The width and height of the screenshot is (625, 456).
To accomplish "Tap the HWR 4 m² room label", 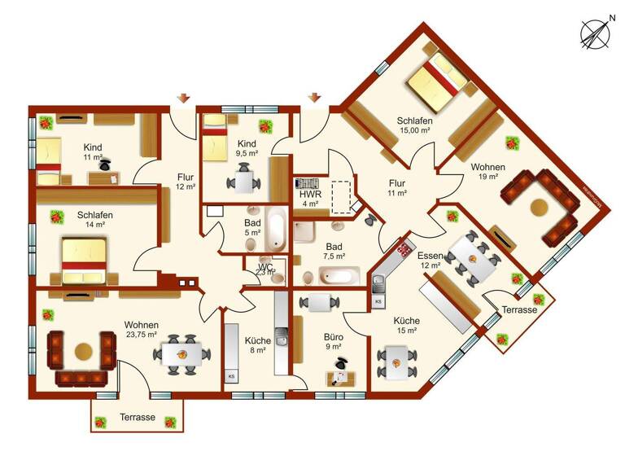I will (310, 199).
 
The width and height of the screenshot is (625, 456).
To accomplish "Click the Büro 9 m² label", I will (334, 341).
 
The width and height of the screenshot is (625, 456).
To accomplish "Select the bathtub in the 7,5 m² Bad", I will (336, 275).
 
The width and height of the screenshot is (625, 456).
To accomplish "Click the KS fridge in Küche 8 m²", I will (231, 377).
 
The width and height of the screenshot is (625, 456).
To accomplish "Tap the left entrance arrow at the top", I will (185, 99).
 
